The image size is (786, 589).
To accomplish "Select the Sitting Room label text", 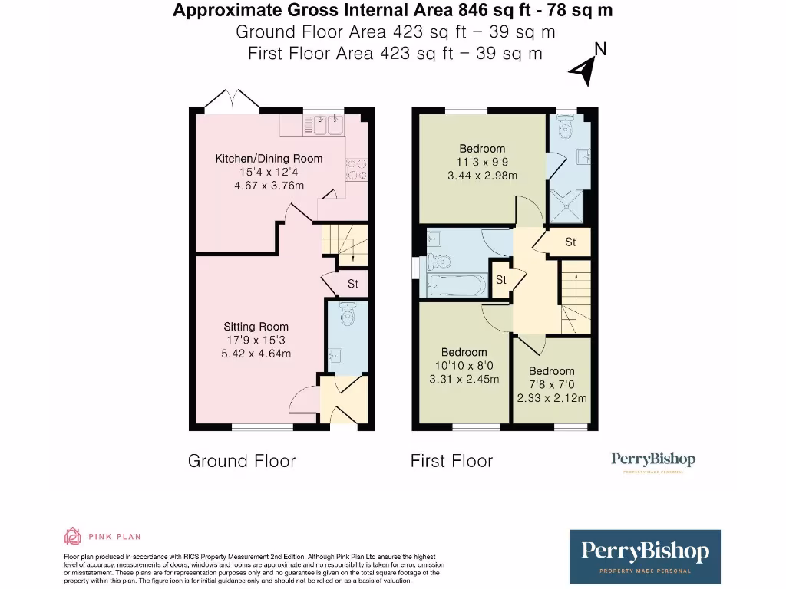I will (256, 327).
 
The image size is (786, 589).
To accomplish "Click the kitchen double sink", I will (328, 125).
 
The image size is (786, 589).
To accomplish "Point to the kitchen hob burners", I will (357, 169).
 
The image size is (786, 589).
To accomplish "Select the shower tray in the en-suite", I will (567, 206).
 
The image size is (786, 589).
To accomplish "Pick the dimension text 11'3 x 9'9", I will (482, 162).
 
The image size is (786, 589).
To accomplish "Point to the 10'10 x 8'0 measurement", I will (464, 366).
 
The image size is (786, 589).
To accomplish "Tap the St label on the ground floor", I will (352, 284).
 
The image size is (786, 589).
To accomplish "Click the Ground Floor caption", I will (241, 461).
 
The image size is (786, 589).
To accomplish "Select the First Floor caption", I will (451, 461).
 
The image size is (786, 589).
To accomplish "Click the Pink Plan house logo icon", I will (72, 536).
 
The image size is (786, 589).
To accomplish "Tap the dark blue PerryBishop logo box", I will (645, 557).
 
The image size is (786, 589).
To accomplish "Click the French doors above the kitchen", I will (231, 100).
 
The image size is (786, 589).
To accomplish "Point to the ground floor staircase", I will (344, 245).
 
